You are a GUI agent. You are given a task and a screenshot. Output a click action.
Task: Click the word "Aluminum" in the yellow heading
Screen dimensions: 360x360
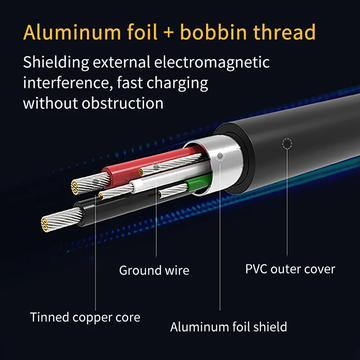[x=72, y=32]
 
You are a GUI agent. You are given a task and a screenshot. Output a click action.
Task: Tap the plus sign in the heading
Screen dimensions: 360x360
[x=169, y=32]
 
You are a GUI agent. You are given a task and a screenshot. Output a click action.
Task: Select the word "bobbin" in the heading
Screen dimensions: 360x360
[x=213, y=32]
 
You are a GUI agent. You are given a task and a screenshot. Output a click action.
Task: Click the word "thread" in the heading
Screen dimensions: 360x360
[x=284, y=32]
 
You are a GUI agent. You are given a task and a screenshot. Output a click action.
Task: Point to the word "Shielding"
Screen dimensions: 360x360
[x=56, y=63]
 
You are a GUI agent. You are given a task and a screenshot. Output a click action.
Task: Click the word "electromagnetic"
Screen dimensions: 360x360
[x=212, y=63]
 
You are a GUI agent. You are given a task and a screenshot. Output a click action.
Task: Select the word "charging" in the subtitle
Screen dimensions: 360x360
[x=177, y=83]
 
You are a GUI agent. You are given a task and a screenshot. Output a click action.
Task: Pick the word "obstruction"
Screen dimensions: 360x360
[x=122, y=103]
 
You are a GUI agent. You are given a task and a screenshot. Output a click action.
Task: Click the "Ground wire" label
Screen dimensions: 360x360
[x=154, y=270]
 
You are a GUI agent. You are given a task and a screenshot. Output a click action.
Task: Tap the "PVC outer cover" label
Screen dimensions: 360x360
[x=290, y=269]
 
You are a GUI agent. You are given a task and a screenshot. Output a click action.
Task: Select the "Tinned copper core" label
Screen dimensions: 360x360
[x=85, y=318]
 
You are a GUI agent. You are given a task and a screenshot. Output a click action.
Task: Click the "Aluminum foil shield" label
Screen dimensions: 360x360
[x=229, y=327]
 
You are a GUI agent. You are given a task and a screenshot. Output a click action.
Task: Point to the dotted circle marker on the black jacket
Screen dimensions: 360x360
[x=287, y=143]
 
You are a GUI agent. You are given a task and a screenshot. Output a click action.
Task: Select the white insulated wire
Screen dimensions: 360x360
[x=170, y=177]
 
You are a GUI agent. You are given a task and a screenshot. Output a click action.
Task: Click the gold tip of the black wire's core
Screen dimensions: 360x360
[x=45, y=224]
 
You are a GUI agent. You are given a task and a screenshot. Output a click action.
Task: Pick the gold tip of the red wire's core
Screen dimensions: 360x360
[x=75, y=187]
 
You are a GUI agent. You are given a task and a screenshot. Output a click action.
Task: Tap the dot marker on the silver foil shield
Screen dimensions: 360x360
[x=220, y=156]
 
